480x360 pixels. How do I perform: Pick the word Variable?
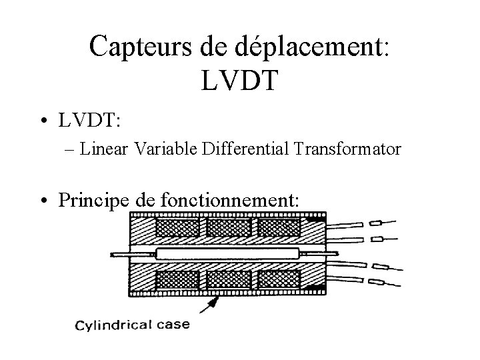click(x=163, y=149)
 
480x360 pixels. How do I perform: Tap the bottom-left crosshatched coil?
click(x=177, y=278)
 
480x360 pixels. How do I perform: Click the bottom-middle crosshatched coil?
click(x=228, y=278)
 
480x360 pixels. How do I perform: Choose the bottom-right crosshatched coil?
click(x=279, y=278)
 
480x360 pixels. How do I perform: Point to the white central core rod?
click(x=227, y=253)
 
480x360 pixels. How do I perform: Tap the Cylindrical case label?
click(x=133, y=325)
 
